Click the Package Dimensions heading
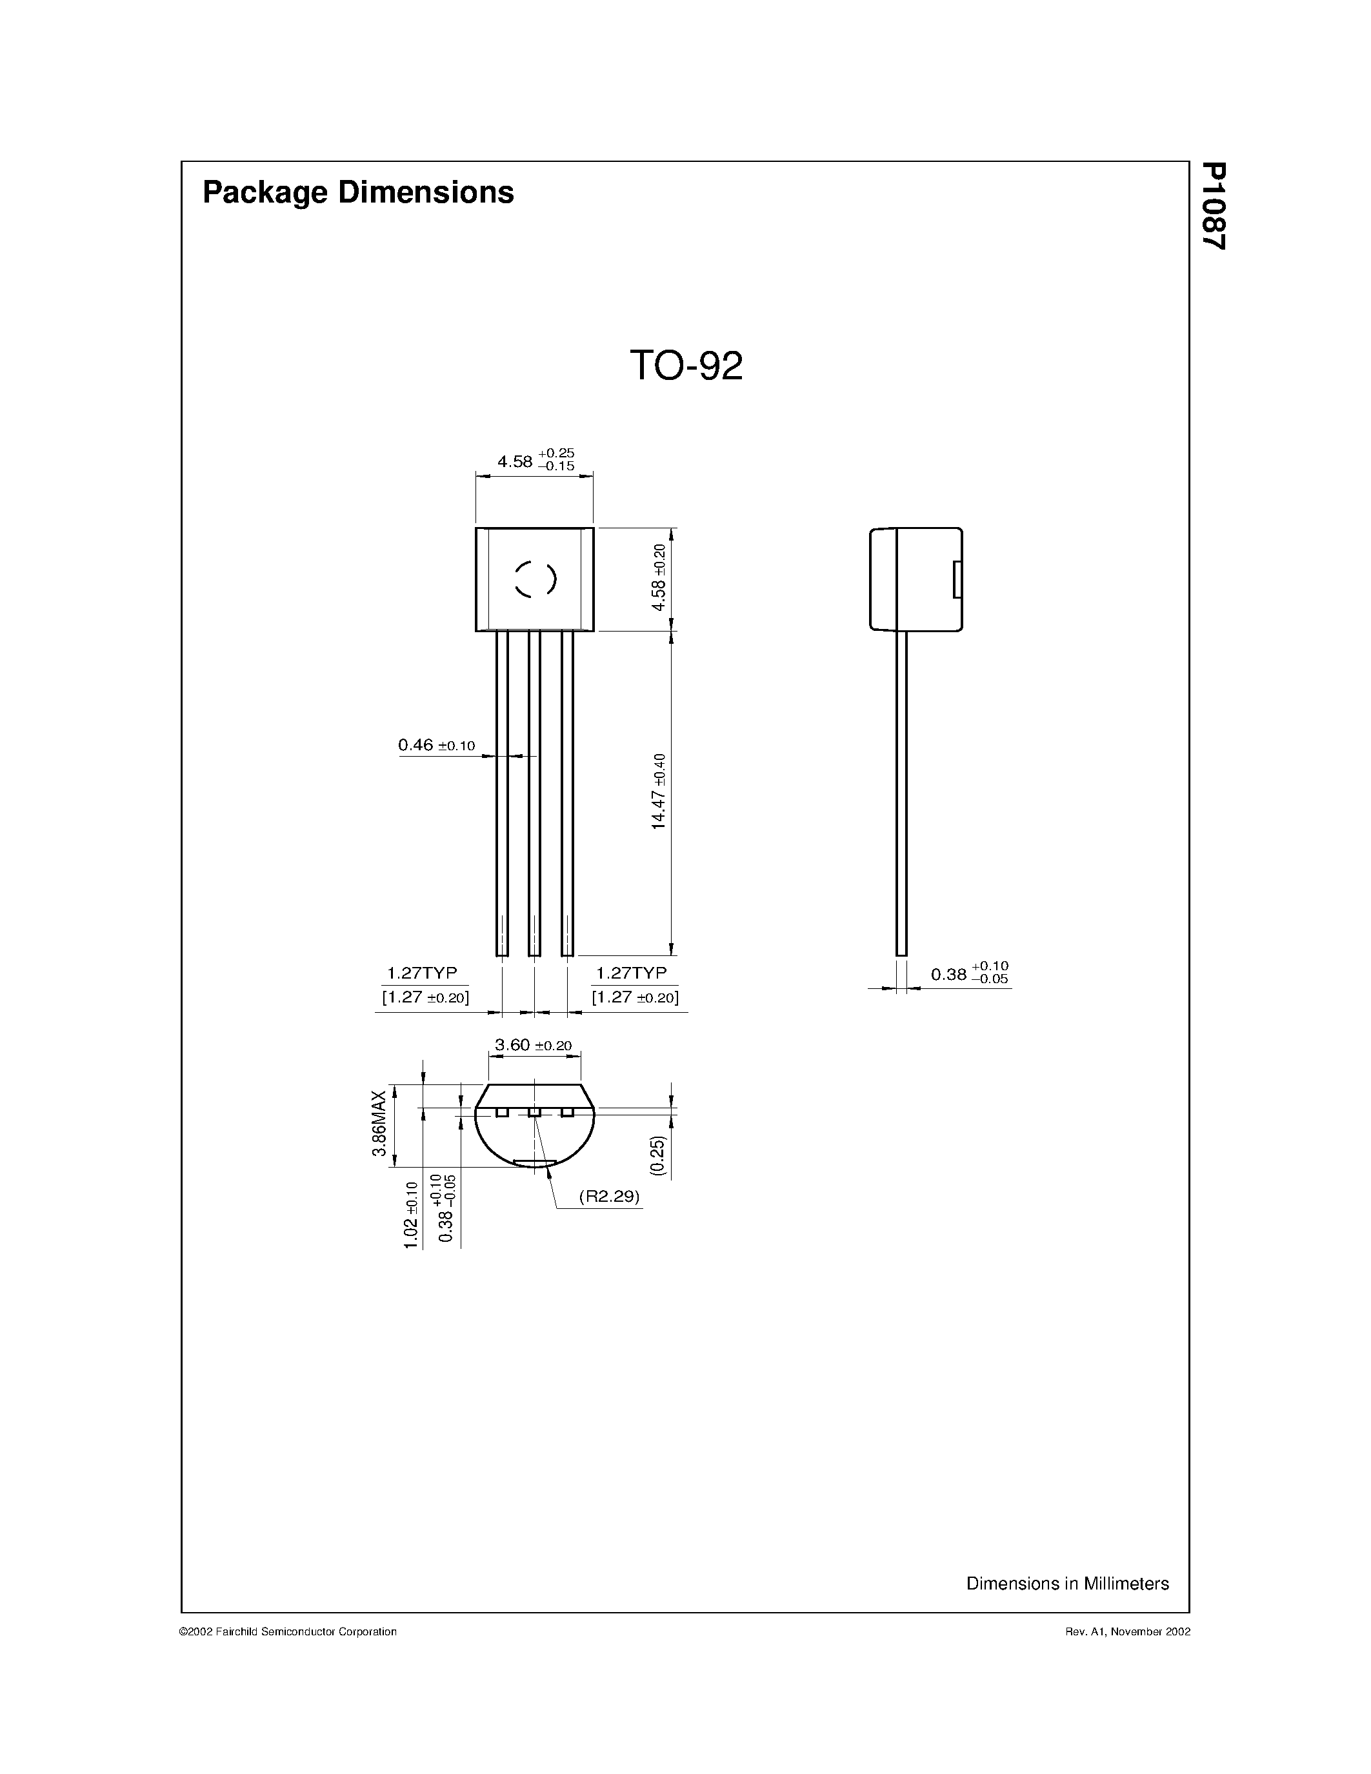click(357, 192)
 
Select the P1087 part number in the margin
click(1214, 206)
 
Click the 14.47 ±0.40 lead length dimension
click(658, 791)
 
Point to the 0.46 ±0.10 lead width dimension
click(436, 745)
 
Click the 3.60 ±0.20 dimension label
click(533, 1046)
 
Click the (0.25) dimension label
click(658, 1155)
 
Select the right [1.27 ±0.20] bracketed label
click(634, 997)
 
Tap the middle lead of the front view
click(534, 792)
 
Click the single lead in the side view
click(901, 792)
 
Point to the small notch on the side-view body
click(957, 579)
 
